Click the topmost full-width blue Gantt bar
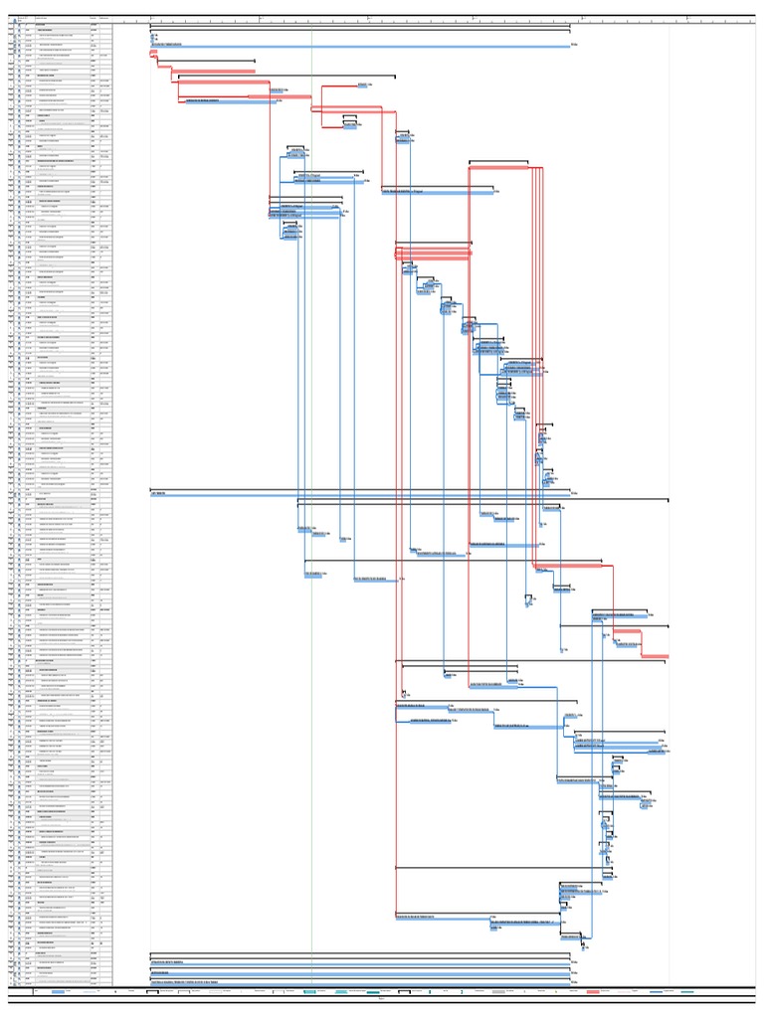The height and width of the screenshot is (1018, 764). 358,46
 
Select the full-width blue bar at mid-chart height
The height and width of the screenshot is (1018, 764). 358,492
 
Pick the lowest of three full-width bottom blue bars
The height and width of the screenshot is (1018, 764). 358,981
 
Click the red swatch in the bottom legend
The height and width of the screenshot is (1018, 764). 593,992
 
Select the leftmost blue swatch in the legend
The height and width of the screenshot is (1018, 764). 59,992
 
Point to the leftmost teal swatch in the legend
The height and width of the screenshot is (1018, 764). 310,992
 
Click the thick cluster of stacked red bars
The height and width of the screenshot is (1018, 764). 434,254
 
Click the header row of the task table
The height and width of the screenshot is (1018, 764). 60,17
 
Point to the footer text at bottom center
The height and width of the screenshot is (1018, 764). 382,1000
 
